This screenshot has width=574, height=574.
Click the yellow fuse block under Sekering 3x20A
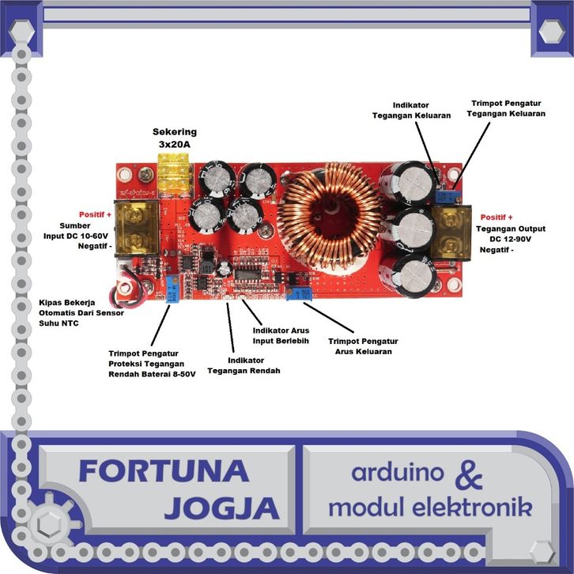click(x=175, y=176)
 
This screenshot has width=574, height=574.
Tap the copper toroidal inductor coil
click(x=330, y=216)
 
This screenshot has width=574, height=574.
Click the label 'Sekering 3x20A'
click(x=175, y=138)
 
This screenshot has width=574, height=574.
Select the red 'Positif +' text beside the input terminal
click(x=95, y=214)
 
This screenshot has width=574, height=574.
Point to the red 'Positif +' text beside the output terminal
click(x=497, y=217)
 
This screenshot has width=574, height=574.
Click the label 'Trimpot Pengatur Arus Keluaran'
click(x=363, y=346)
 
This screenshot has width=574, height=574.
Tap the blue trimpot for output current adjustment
click(x=299, y=294)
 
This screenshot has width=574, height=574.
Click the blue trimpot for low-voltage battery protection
click(x=173, y=289)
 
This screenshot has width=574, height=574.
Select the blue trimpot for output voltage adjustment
click(x=444, y=197)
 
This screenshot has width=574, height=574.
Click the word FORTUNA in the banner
click(x=164, y=471)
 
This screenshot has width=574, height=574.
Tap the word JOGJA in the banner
click(x=222, y=508)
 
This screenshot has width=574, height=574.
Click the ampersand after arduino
click(x=469, y=475)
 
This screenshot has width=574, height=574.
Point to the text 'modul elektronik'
click(x=430, y=507)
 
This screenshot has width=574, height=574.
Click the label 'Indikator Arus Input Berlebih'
click(x=281, y=336)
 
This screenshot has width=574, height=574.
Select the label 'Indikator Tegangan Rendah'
click(x=244, y=365)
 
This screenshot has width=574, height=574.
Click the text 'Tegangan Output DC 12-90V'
click(x=510, y=234)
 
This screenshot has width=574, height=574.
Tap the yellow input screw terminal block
click(x=137, y=228)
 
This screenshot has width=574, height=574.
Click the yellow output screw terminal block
click(x=451, y=233)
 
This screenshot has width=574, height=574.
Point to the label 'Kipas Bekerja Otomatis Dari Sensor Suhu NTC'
click(x=81, y=313)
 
